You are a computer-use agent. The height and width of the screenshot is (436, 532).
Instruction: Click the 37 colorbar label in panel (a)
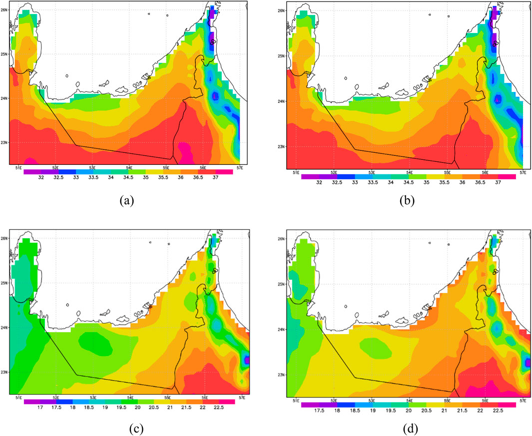(215, 178)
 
